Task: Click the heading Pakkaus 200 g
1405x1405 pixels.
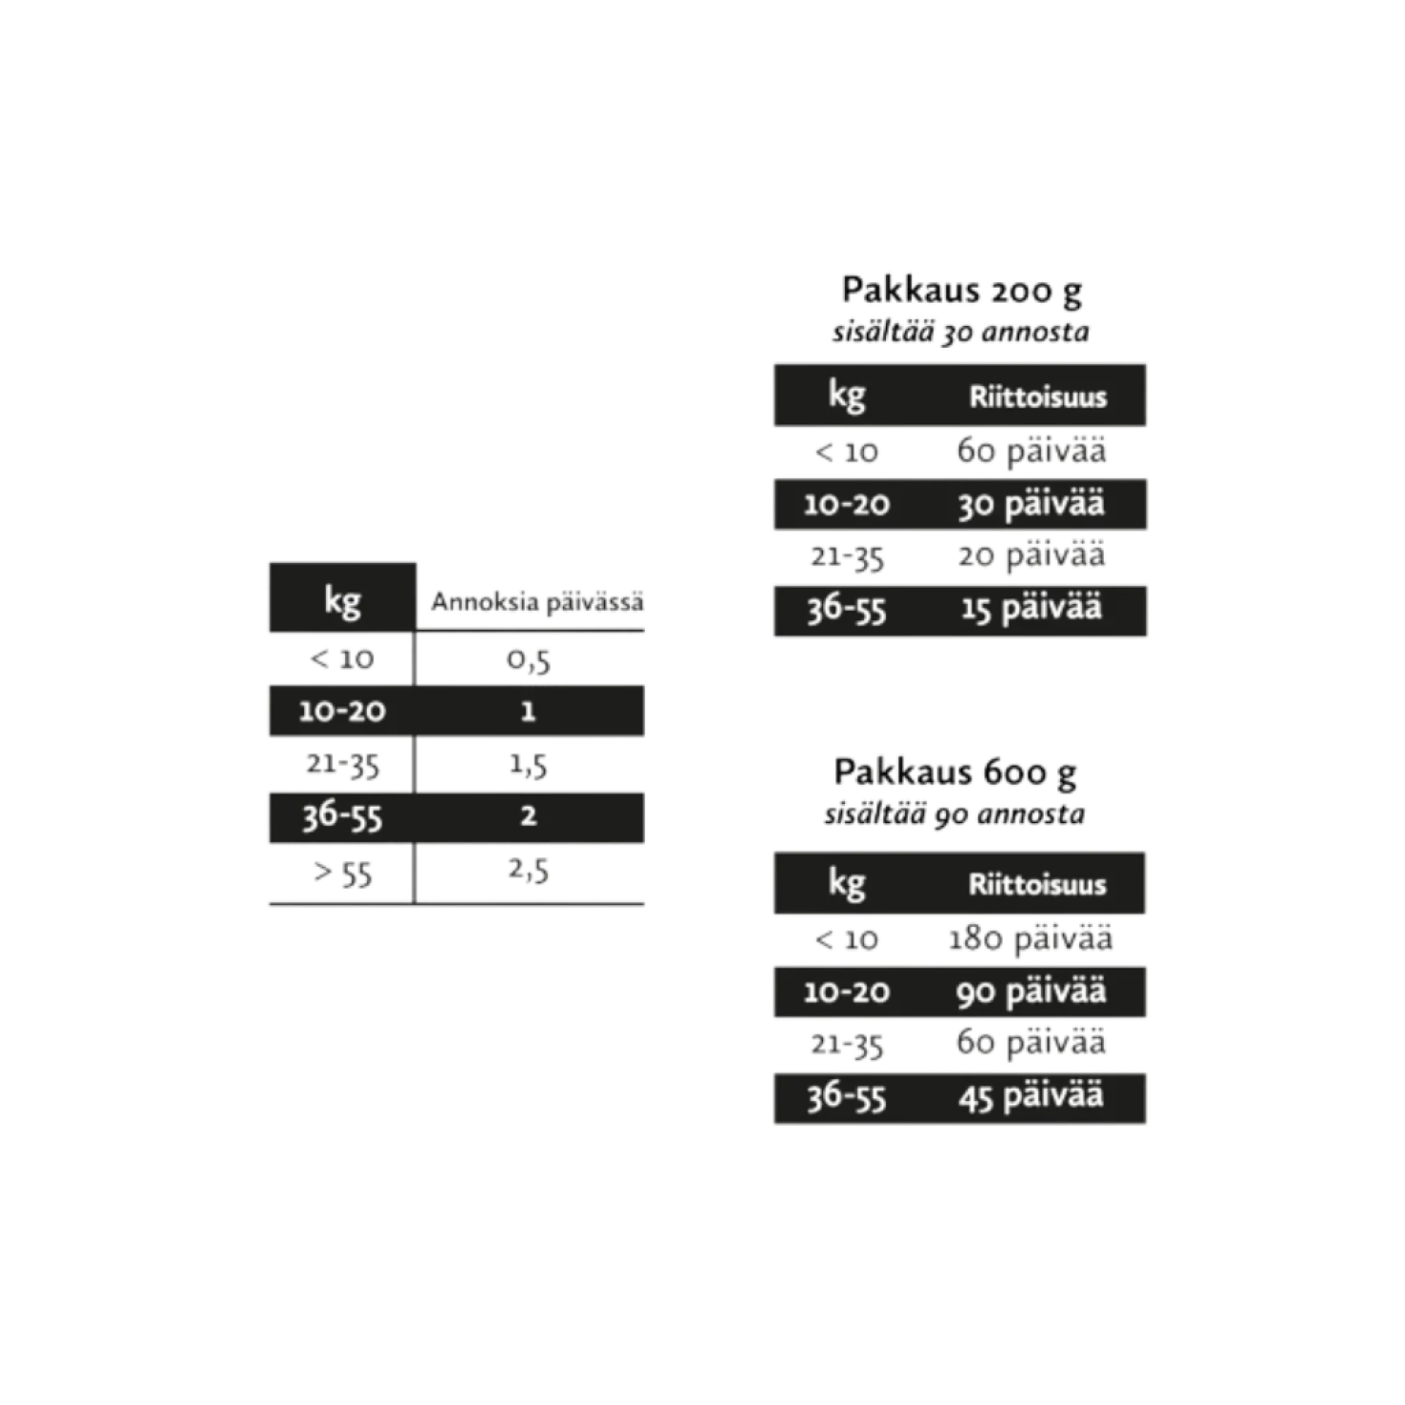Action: (962, 291)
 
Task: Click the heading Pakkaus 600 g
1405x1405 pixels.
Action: (955, 773)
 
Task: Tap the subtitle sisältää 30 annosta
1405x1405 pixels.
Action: (961, 333)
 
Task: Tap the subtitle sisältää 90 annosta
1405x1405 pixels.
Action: (955, 814)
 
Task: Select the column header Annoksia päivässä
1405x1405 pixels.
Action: (537, 602)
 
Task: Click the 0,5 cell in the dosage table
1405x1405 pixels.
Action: (529, 659)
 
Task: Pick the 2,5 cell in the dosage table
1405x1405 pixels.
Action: (529, 870)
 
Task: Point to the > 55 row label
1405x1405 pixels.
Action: (343, 873)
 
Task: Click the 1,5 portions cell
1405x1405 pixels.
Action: (528, 766)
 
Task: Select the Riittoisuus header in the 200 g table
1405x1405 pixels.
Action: (1038, 398)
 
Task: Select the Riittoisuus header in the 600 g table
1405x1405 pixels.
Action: (1037, 885)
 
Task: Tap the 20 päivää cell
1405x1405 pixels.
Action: (1031, 555)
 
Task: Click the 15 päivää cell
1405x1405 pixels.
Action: (1031, 609)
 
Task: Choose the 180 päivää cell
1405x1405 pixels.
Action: (1030, 939)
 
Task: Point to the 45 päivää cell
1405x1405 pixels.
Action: (1031, 1096)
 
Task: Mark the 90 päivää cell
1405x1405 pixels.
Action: (1031, 991)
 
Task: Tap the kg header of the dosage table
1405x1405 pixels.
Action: (343, 601)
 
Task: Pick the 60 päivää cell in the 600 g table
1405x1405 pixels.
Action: (1031, 1042)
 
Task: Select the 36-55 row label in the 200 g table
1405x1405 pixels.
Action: (847, 610)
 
